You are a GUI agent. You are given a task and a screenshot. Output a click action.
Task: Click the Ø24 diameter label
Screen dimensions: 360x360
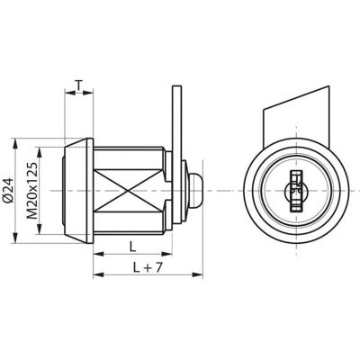pos(9,191)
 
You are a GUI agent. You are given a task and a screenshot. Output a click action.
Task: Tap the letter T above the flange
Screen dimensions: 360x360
pos(78,85)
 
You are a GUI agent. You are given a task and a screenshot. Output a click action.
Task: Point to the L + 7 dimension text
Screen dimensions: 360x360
pos(148,267)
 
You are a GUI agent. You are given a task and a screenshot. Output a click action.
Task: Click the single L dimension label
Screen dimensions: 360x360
pos(132,247)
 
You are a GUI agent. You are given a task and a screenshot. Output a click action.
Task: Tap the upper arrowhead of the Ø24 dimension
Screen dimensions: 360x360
pos(13,143)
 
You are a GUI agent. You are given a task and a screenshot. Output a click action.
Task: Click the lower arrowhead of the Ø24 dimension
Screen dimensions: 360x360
pos(13,238)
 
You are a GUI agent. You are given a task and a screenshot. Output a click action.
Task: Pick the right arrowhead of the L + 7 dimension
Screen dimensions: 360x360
pos(198,274)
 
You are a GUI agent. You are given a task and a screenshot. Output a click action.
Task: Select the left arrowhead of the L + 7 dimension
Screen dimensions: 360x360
pos(99,274)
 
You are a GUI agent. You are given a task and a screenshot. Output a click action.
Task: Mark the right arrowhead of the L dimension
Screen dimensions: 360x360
pos(166,254)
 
